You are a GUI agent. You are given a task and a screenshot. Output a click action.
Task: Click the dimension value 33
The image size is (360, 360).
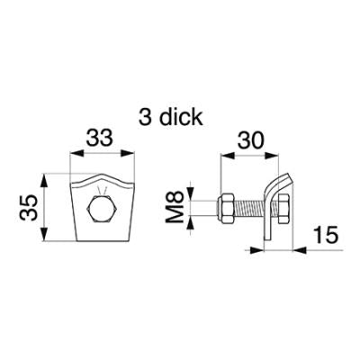pos(100,139)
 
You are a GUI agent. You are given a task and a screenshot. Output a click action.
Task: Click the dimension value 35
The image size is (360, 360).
pos(28,207)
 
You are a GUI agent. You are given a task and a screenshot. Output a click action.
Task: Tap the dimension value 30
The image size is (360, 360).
pos(251,140)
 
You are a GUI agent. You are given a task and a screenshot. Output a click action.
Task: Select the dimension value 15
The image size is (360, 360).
pos(326,235)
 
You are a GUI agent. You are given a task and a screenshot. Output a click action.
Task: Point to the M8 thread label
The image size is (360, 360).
pos(175,207)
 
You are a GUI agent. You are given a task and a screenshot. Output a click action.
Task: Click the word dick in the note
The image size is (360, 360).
pos(181,117)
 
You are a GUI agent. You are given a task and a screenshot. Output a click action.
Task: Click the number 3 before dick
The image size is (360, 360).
pos(145,117)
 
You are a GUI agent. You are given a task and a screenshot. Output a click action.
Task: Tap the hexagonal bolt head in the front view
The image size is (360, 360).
pos(101,209)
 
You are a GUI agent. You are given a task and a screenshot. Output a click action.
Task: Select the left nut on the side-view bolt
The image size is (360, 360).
pos(226,209)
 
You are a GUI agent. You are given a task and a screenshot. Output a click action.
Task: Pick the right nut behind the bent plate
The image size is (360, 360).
pos(283,209)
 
